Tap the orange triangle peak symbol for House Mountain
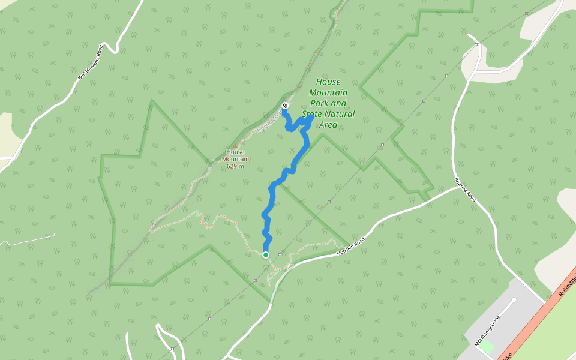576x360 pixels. click(235, 145)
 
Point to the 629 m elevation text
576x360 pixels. click(235, 166)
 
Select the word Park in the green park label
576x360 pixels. click(317, 103)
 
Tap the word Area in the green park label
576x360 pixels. click(328, 125)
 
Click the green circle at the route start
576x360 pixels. click(266, 255)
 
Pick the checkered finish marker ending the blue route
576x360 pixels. click(284, 106)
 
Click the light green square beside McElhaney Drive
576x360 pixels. click(487, 346)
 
